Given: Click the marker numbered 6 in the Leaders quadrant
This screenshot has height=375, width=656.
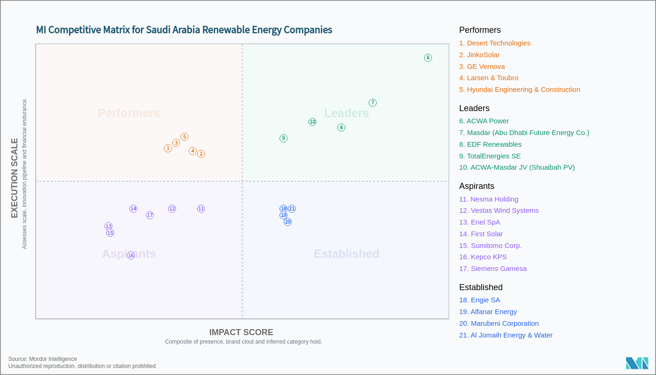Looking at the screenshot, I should click(428, 58).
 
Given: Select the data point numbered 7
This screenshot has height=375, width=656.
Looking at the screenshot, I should click(373, 103).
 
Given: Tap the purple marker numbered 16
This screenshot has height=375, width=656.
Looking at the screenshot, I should click(131, 255).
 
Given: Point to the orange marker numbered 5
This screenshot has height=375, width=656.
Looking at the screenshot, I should click(185, 137).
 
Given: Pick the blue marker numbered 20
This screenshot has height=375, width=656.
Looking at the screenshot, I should click(288, 222).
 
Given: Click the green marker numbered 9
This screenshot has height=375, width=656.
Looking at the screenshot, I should click(283, 138).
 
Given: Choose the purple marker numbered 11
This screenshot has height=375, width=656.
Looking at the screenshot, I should click(201, 209).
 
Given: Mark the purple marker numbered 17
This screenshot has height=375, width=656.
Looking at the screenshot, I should click(149, 215).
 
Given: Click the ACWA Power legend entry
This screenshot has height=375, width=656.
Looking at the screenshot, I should click(484, 121).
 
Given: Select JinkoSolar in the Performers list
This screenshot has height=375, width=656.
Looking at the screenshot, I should click(479, 55).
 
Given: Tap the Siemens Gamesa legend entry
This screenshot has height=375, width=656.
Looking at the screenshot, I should click(493, 269).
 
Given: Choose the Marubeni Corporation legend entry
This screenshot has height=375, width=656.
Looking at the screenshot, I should click(499, 323).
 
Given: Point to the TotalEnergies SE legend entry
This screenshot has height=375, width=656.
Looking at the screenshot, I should click(490, 156).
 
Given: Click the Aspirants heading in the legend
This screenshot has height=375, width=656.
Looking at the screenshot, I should click(477, 186).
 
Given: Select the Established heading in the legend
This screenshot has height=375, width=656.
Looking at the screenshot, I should click(481, 287).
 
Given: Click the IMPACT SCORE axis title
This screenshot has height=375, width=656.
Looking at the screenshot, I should click(241, 332).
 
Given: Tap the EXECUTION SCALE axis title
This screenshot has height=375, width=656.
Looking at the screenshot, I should click(15, 178).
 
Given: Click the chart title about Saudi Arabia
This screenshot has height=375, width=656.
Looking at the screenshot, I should click(184, 30).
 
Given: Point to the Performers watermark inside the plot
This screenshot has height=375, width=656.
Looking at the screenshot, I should click(129, 113).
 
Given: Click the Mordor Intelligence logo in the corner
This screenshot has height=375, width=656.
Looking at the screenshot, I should click(637, 363).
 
